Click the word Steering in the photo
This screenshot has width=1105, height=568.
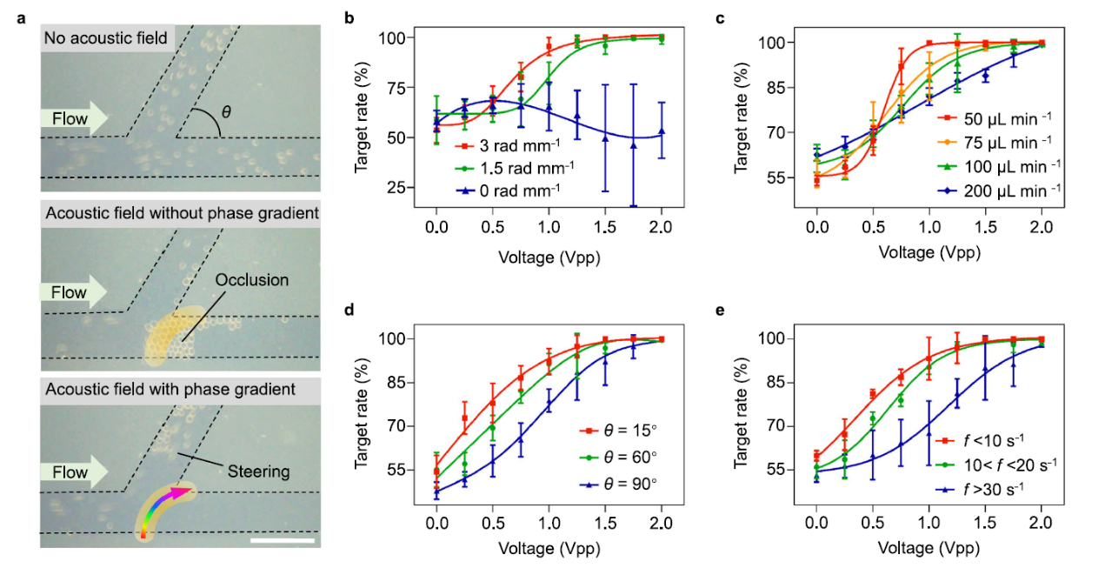point(258,471)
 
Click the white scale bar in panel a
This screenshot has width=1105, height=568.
point(282,541)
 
